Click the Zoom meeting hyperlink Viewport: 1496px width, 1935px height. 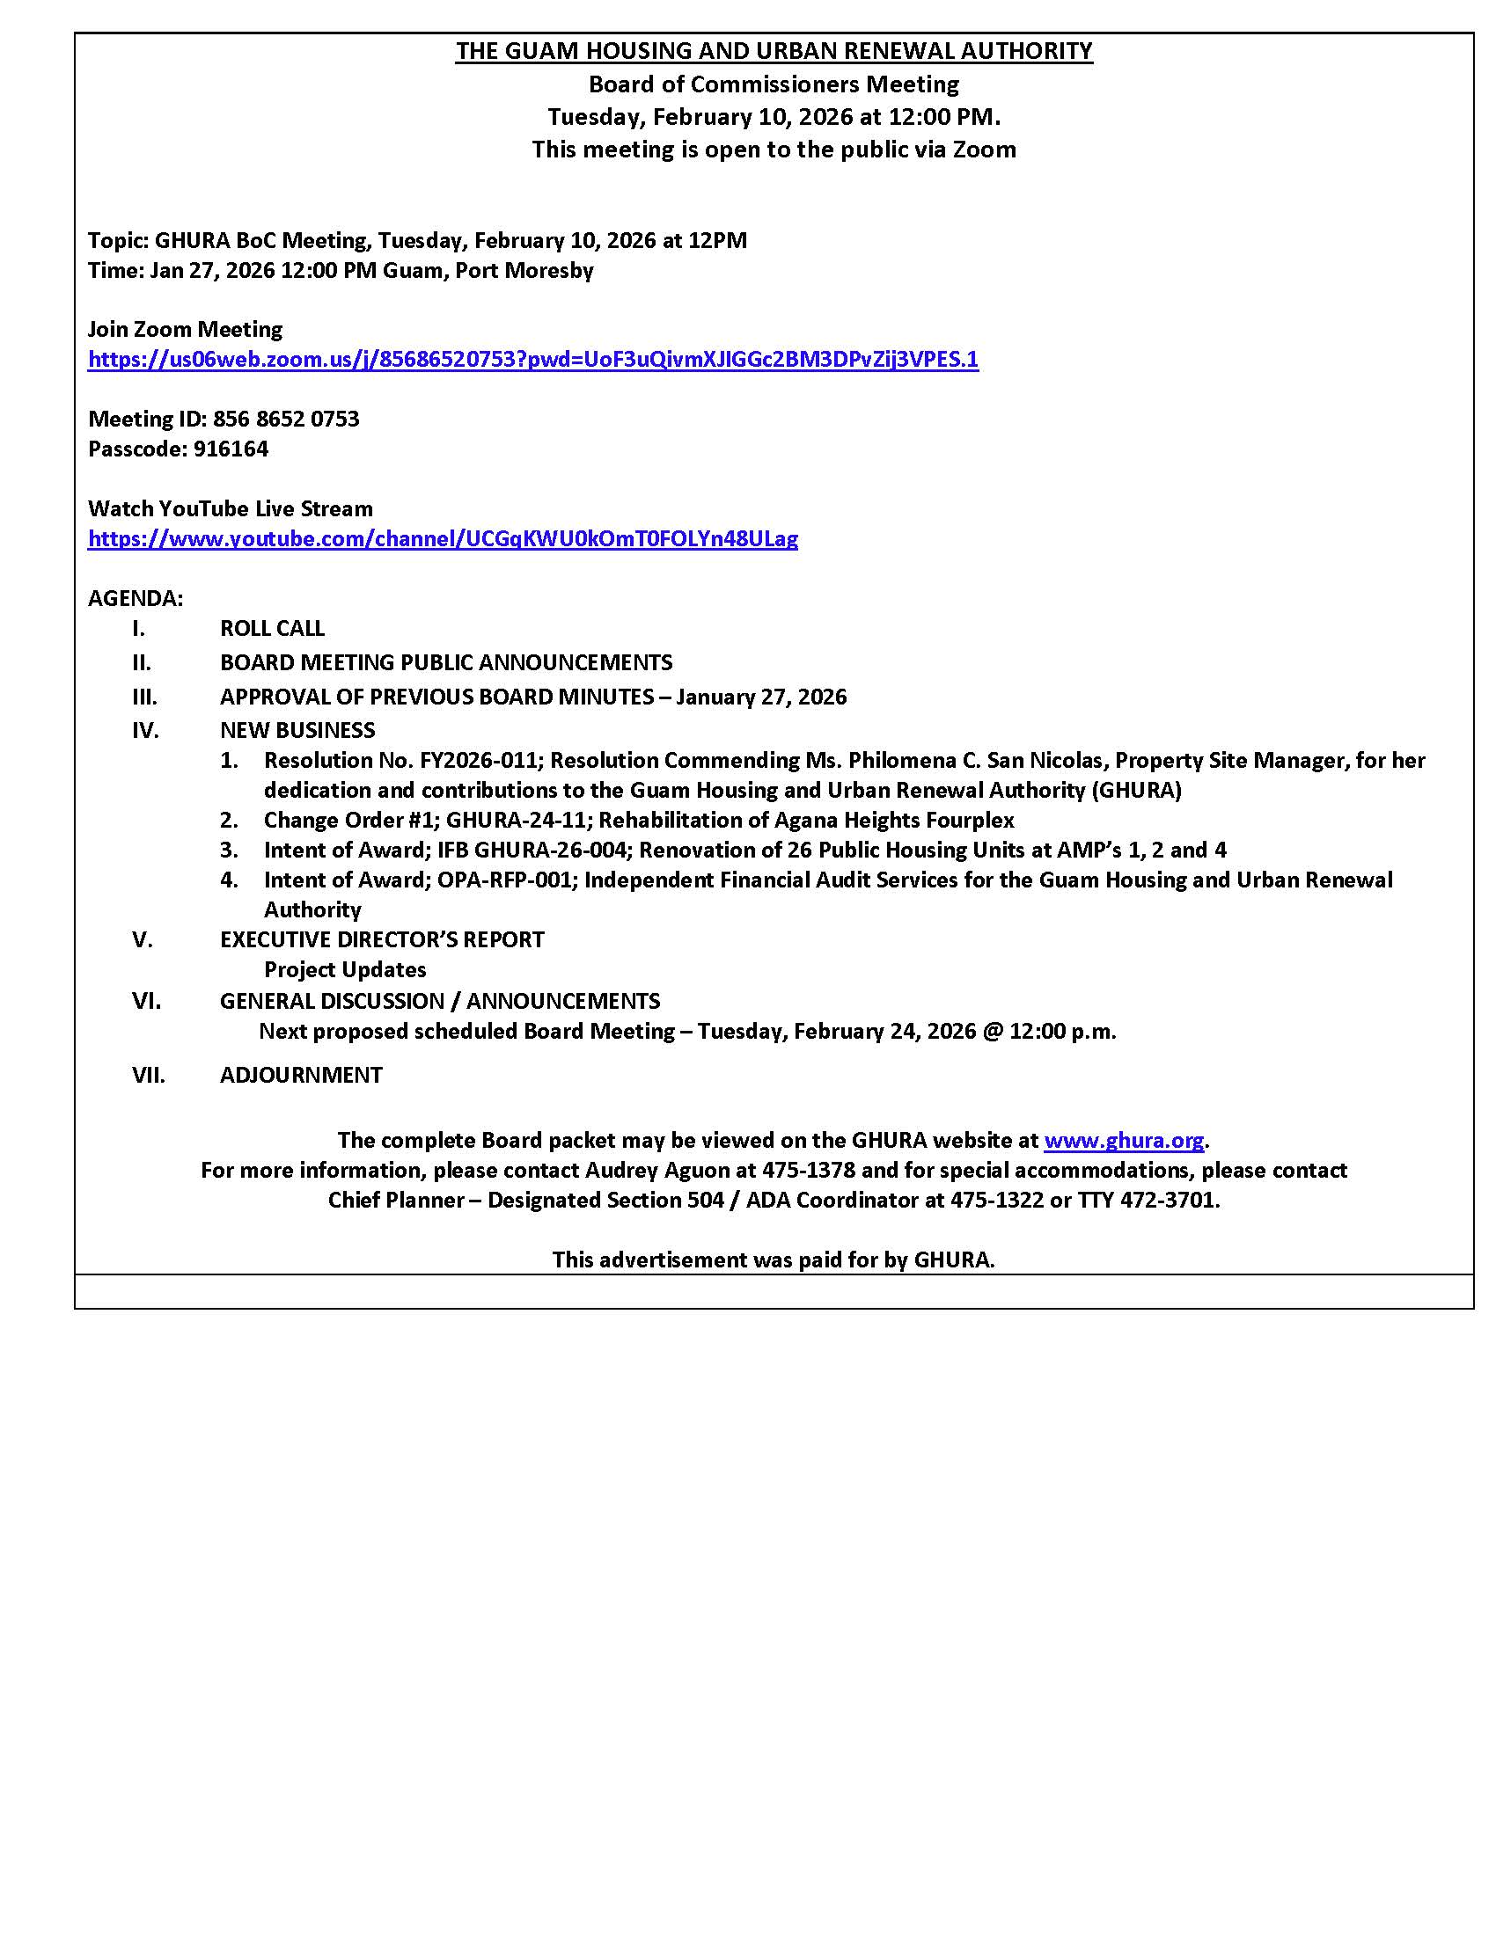532,360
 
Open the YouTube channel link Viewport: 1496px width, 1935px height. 443,538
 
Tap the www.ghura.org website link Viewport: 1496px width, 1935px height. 1123,1140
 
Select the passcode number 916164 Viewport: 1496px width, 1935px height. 231,449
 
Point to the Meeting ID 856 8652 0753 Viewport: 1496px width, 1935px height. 285,419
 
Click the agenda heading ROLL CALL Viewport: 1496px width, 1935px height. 272,628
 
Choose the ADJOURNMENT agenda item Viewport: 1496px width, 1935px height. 301,1075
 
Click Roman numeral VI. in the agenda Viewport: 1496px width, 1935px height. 146,1001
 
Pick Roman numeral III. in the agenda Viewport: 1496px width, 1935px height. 144,697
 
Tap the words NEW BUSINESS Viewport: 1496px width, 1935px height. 297,730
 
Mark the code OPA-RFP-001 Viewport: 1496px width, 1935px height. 503,880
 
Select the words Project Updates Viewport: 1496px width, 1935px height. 345,970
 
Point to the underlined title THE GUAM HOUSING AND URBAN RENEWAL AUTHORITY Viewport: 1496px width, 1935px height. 774,51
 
